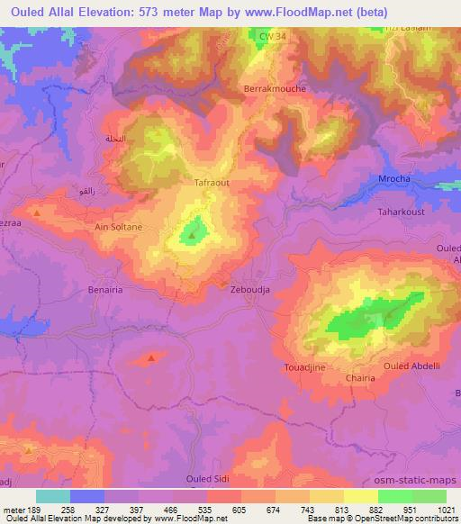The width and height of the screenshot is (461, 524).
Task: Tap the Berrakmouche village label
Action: click(276, 89)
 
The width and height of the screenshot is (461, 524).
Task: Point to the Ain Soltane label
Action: click(119, 228)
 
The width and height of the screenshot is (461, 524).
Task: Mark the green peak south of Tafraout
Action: click(193, 236)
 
